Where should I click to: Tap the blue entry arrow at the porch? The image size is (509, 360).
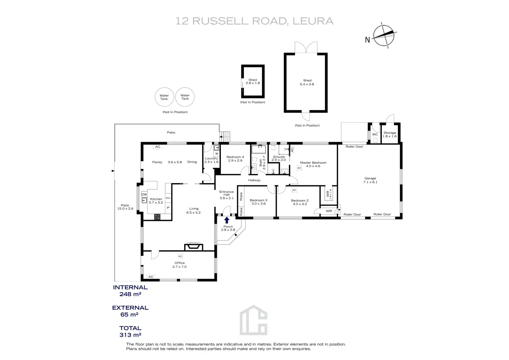click(226, 220)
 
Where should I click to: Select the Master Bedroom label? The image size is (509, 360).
click(313, 164)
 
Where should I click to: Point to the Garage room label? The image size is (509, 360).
click(370, 180)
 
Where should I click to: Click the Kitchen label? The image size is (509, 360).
click(156, 201)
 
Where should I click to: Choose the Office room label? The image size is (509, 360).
click(179, 265)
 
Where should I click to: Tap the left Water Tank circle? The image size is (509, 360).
click(164, 97)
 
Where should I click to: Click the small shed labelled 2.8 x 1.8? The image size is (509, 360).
click(253, 82)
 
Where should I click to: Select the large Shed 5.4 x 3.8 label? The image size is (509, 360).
click(307, 82)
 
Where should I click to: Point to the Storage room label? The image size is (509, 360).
click(390, 135)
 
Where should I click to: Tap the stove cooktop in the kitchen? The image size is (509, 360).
click(157, 217)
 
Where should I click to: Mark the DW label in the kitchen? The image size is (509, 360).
click(144, 195)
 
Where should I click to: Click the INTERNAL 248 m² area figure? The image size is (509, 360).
click(130, 290)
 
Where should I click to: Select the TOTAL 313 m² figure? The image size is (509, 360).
click(130, 331)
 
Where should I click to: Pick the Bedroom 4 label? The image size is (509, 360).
click(235, 159)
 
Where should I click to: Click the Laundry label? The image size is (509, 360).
click(211, 160)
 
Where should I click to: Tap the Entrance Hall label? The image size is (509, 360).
click(226, 195)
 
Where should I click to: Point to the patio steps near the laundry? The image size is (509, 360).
click(225, 136)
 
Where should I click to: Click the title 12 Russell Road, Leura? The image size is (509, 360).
click(254, 21)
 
